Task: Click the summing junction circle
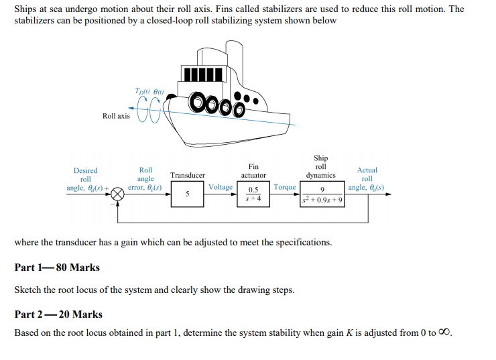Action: pos(119,194)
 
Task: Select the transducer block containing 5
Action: pos(187,194)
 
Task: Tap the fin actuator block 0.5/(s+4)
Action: pos(253,194)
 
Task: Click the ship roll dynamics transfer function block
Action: pos(323,194)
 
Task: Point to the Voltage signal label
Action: pos(221,187)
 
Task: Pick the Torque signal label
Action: pos(285,187)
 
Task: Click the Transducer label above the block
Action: pos(188,175)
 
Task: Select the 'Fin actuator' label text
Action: pos(253,171)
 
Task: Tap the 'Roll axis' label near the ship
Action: pos(116,116)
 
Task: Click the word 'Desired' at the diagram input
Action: pos(85,171)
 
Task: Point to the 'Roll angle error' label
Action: pos(145,179)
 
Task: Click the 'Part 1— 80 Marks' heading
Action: pos(57,267)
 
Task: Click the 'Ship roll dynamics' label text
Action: pos(320,167)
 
